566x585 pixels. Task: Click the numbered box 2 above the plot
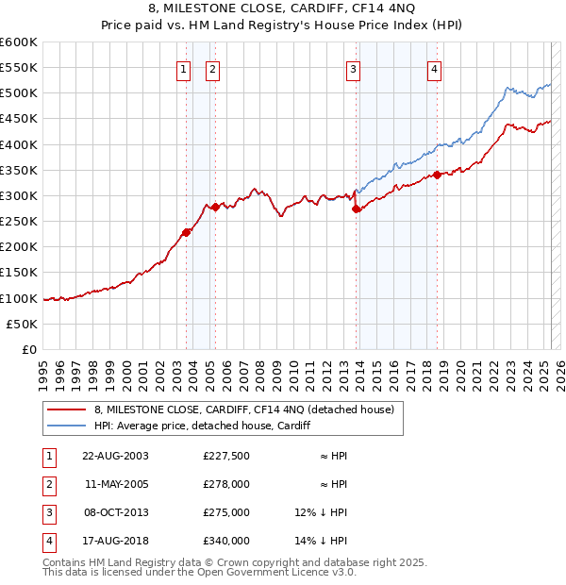[x=212, y=68]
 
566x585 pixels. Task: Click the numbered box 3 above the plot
[x=352, y=68]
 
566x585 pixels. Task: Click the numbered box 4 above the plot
[x=434, y=68]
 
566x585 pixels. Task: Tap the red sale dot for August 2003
[x=187, y=233]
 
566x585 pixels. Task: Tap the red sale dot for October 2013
[x=356, y=209]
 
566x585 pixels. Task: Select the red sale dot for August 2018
[x=438, y=175]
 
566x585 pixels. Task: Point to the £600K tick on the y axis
[x=19, y=42]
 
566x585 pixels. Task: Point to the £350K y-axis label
[x=19, y=171]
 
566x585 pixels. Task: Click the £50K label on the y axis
[x=22, y=324]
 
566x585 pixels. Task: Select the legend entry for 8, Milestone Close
[x=249, y=409]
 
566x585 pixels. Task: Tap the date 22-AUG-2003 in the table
[x=115, y=456]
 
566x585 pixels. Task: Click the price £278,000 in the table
[x=226, y=484]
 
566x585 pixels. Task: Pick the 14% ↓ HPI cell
[x=321, y=541]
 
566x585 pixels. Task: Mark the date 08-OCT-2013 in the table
[x=115, y=512]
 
